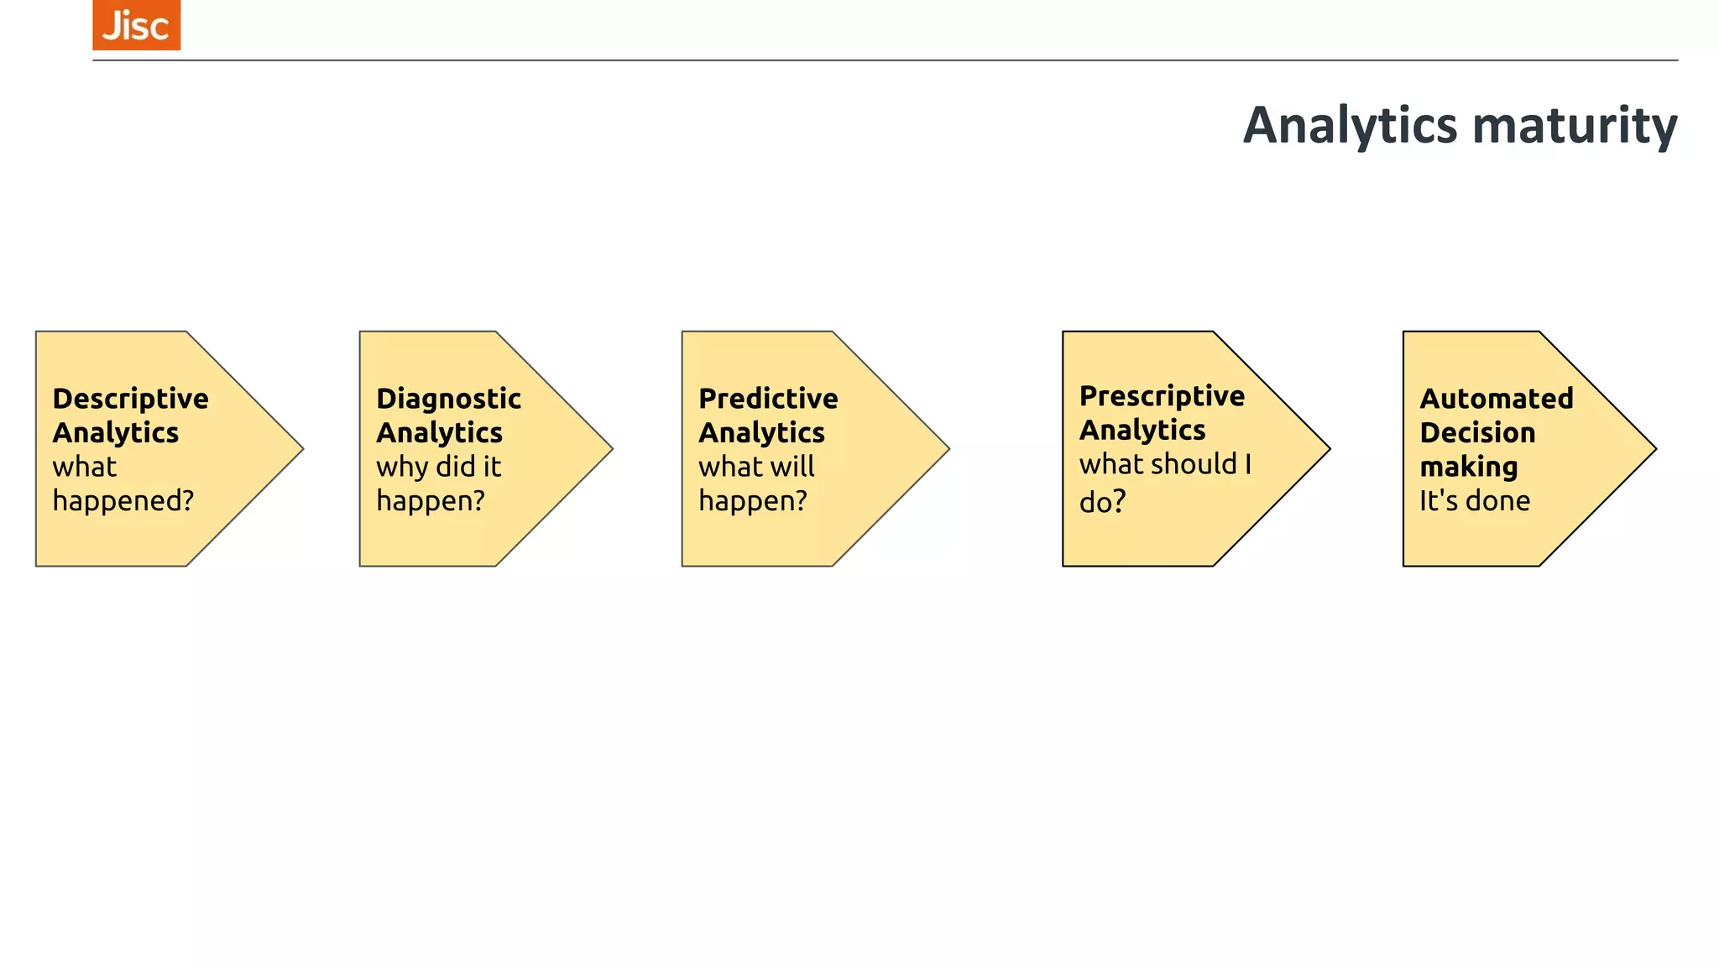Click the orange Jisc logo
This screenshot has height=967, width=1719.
tap(136, 25)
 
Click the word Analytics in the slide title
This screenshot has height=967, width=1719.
tap(1350, 126)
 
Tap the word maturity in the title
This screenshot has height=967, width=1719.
tap(1575, 126)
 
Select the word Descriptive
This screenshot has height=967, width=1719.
tap(130, 399)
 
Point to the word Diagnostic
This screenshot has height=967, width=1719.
tap(448, 399)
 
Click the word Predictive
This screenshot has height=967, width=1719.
tap(768, 399)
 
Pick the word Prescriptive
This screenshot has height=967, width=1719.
tap(1162, 396)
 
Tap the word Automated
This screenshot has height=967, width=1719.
tap(1496, 399)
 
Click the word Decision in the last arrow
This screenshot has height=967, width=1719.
tap(1477, 433)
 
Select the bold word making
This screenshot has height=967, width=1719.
tap(1468, 468)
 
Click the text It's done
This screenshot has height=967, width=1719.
tap(1474, 501)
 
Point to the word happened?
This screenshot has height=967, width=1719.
tap(123, 501)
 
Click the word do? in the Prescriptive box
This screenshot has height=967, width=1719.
tap(1102, 502)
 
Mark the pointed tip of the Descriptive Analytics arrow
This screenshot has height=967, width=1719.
tap(300, 449)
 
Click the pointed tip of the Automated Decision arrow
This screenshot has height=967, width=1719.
tap(1654, 449)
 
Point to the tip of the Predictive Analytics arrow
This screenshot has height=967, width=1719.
tap(947, 449)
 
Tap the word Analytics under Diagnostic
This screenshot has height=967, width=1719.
tap(439, 433)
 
